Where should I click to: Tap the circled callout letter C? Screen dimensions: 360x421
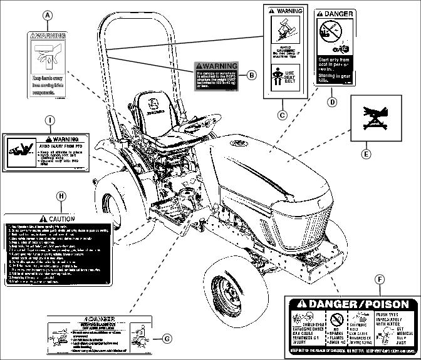click(283, 115)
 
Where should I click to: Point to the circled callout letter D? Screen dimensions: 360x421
click(332, 101)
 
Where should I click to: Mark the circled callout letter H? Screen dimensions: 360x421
click(61, 196)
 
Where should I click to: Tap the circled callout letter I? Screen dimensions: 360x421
click(50, 119)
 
